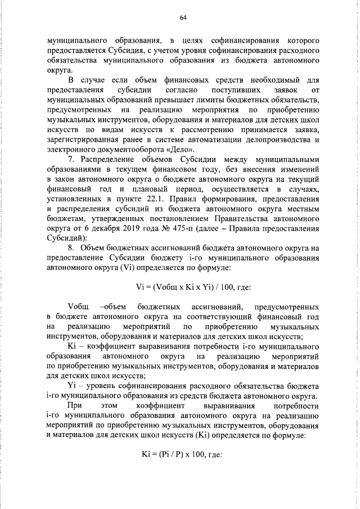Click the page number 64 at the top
[183, 17]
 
